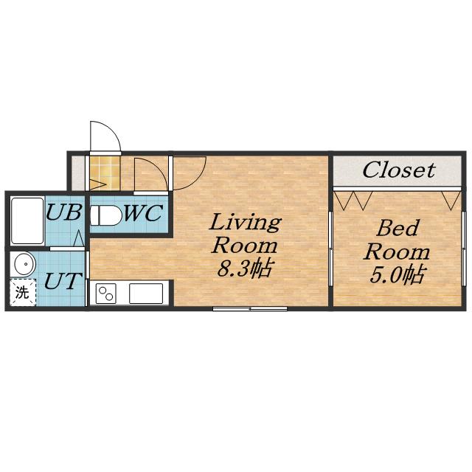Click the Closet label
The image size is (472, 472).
pyautogui.click(x=398, y=170)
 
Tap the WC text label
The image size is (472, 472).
pyautogui.click(x=144, y=213)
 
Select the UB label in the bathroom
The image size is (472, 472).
pyautogui.click(x=64, y=212)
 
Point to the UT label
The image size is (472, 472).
pyautogui.click(x=63, y=280)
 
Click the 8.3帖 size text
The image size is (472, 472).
pyautogui.click(x=244, y=268)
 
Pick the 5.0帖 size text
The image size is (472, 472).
pyautogui.click(x=397, y=274)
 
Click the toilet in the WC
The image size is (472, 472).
pyautogui.click(x=105, y=215)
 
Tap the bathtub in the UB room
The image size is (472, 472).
pyautogui.click(x=27, y=221)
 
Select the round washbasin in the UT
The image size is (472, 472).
pyautogui.click(x=25, y=264)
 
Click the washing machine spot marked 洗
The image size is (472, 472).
pyautogui.click(x=23, y=292)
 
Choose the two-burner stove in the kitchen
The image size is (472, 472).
pyautogui.click(x=106, y=294)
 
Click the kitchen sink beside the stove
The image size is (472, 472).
pyautogui.click(x=146, y=294)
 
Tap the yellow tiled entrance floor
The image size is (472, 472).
pyautogui.click(x=105, y=173)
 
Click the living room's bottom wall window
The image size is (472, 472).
pyautogui.click(x=250, y=308)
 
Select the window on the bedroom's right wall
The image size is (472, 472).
pyautogui.click(x=464, y=248)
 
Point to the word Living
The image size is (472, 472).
pyautogui.click(x=245, y=223)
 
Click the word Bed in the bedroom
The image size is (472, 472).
pyautogui.click(x=398, y=228)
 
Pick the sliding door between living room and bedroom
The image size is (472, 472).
pyautogui.click(x=330, y=249)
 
